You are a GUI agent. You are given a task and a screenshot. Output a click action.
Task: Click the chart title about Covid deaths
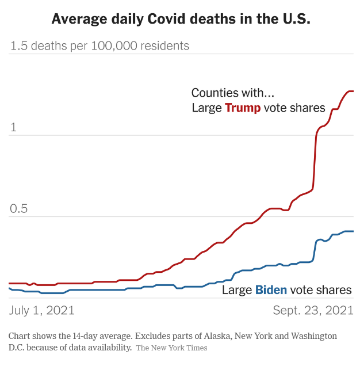(181, 19)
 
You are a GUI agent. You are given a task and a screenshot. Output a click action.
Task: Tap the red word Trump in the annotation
(242, 108)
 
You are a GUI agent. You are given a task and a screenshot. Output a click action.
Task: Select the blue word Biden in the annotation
(271, 289)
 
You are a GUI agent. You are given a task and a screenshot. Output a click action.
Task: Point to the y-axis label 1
(13, 127)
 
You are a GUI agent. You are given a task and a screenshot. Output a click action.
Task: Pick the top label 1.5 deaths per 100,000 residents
(99, 45)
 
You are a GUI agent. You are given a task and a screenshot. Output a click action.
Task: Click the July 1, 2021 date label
(42, 310)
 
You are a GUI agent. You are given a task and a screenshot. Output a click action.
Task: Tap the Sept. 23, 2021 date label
(313, 310)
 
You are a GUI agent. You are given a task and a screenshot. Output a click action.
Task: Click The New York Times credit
(171, 348)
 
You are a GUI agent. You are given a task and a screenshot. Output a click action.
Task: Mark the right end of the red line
(353, 91)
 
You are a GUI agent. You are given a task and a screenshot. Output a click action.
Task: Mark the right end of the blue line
(353, 231)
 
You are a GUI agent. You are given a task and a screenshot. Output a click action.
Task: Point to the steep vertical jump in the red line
(315, 161)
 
